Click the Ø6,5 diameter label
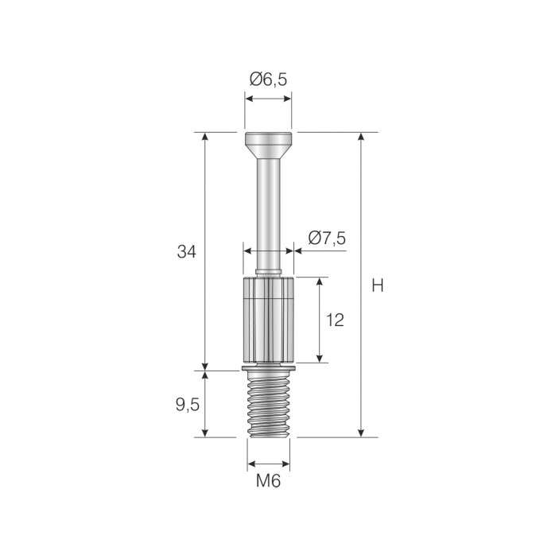[x=268, y=80]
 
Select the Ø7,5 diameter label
[x=327, y=238]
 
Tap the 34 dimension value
[x=186, y=252]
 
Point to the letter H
[x=378, y=285]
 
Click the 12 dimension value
[x=335, y=320]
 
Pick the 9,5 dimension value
[x=188, y=405]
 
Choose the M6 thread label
[x=269, y=482]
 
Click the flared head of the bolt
[x=268, y=146]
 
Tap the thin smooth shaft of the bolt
[x=268, y=214]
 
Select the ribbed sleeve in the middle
[x=268, y=320]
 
